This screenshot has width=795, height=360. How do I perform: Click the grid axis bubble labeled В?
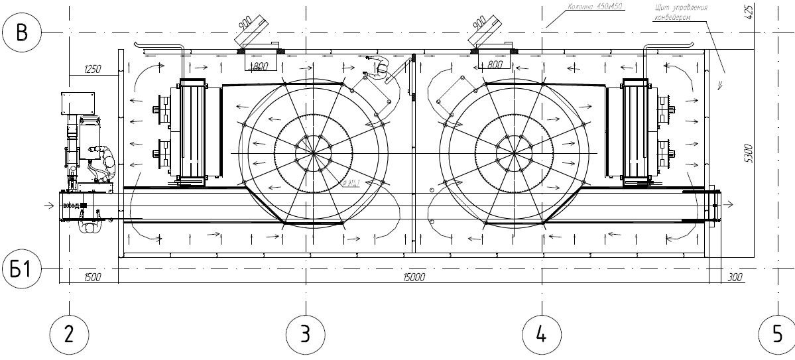click(22, 31)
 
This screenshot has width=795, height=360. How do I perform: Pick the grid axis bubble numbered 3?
click(305, 333)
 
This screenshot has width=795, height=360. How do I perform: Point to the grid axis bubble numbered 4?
click(540, 333)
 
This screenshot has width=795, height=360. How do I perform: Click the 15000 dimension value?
click(414, 277)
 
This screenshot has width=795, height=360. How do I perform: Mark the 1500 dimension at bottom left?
click(92, 277)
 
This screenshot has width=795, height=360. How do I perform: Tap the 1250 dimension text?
click(93, 69)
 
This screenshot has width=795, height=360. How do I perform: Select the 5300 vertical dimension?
click(748, 153)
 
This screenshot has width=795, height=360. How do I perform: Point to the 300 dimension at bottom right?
click(734, 277)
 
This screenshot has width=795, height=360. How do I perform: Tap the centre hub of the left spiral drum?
click(312, 153)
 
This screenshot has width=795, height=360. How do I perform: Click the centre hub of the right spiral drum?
click(514, 153)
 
